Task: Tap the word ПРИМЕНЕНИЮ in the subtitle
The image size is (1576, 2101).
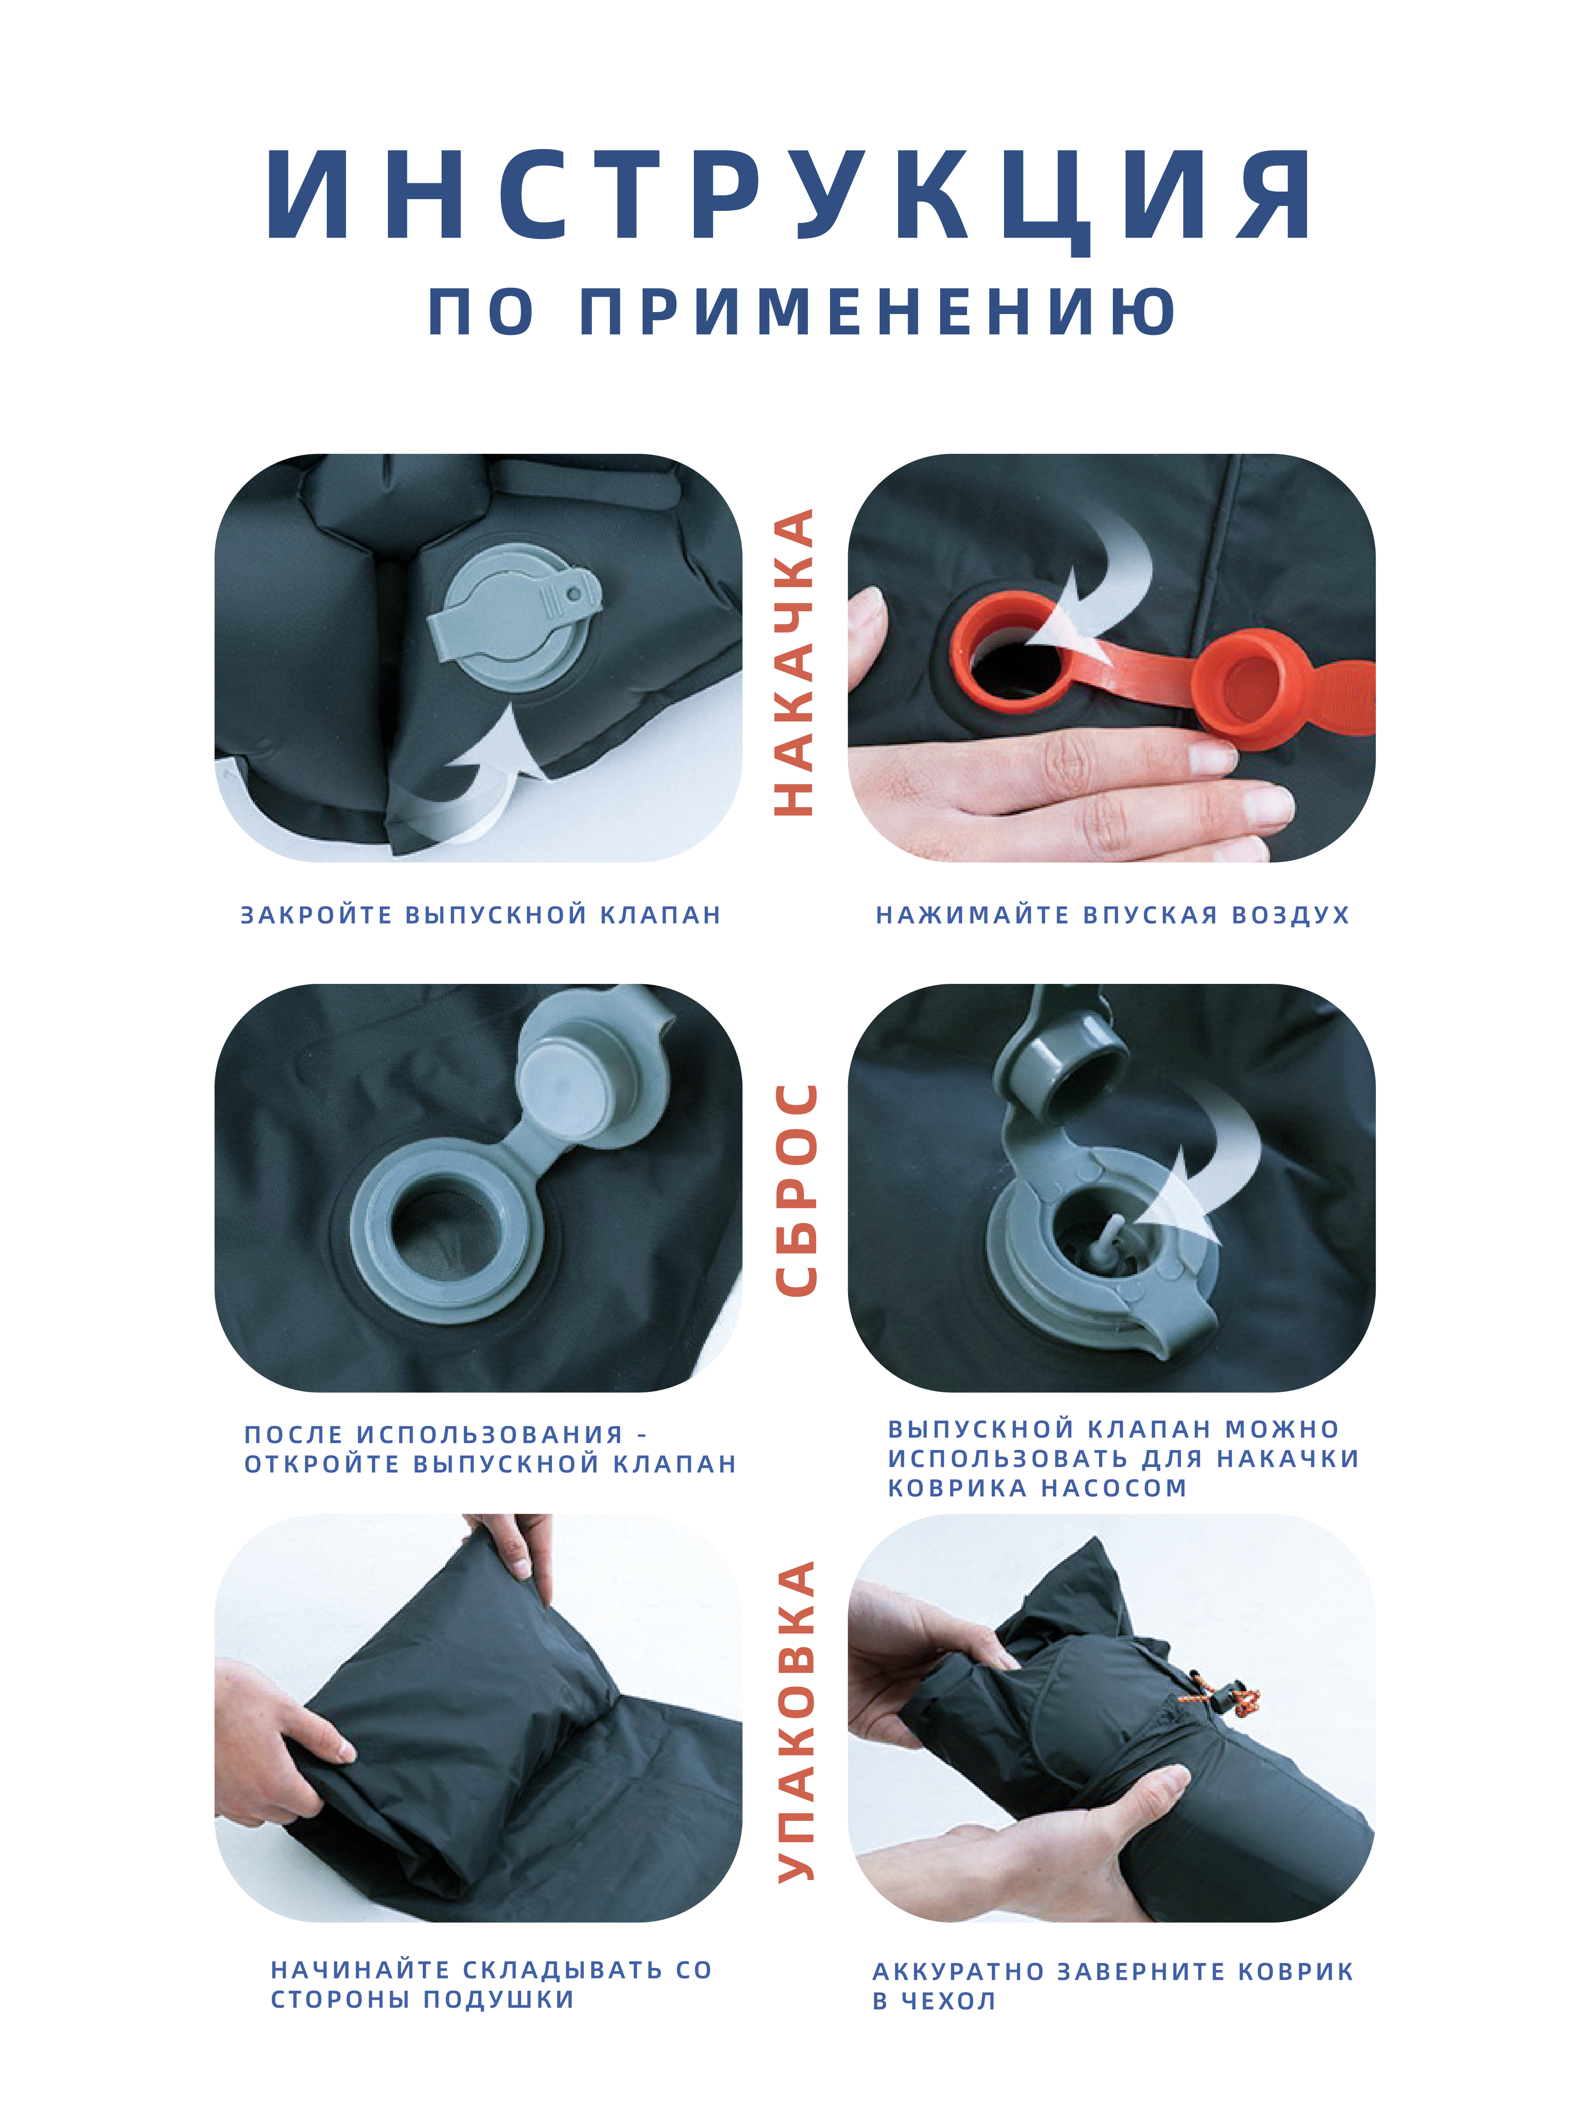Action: pos(879,312)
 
